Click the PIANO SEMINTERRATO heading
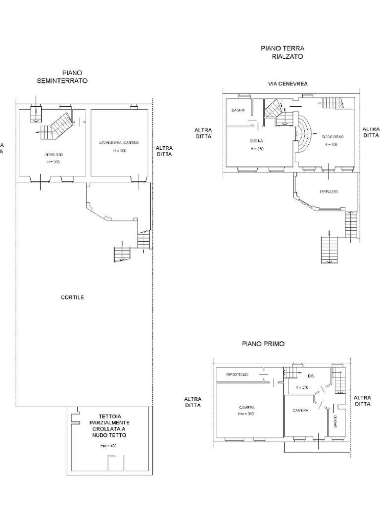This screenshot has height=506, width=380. (62, 77)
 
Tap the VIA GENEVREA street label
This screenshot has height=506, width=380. (287, 84)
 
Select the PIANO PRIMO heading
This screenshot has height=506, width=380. (263, 343)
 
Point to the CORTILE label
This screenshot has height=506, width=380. (72, 297)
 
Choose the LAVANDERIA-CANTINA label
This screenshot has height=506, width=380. (119, 142)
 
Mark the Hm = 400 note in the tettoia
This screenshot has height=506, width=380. (108, 446)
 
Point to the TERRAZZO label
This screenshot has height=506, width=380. (328, 192)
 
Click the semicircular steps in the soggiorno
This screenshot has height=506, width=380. (303, 133)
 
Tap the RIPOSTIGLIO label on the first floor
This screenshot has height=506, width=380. (240, 375)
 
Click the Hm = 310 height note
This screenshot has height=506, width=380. (245, 414)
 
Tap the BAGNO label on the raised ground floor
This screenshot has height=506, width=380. (238, 110)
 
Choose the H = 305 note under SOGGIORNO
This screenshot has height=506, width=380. (331, 144)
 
